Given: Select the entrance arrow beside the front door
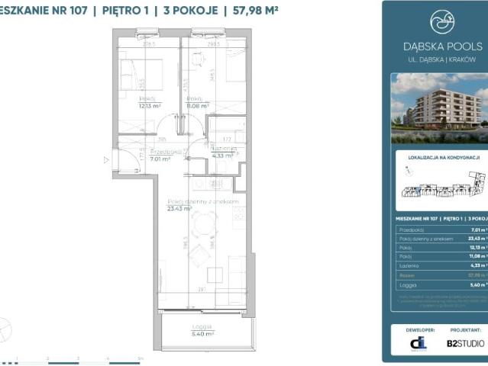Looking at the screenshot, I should [106, 160].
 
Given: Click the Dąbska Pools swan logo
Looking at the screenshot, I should [441, 22].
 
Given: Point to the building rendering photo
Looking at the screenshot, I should [438, 108].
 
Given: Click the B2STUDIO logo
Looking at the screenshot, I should [464, 343].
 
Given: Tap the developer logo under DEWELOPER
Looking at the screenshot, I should [418, 343].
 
